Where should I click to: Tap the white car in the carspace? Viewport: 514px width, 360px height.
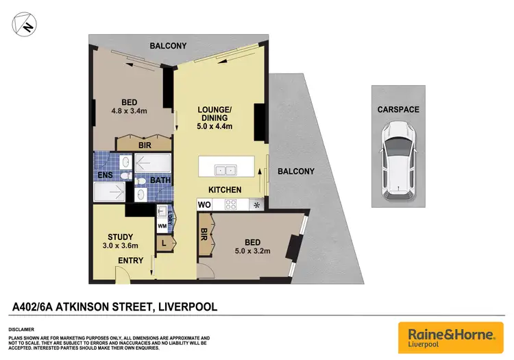coord(398,158)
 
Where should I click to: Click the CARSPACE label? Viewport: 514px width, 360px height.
coord(398,109)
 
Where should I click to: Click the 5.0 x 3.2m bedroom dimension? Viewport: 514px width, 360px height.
coord(254,251)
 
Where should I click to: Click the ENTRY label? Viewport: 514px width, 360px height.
coord(132,261)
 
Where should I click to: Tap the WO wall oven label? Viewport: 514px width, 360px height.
coord(204,204)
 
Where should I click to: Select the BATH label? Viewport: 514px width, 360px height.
coord(160,181)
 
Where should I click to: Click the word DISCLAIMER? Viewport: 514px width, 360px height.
coord(22,329)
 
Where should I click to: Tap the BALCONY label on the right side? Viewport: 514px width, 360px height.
coord(295,171)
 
